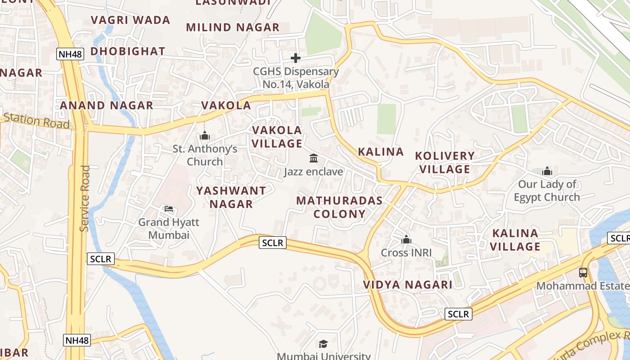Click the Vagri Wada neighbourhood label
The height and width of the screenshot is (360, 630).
(130, 20)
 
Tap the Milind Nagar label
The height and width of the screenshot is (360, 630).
(233, 27)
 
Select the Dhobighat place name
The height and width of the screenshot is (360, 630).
(128, 51)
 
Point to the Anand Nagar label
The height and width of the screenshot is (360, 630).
(107, 106)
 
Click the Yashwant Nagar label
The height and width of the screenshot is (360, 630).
(231, 198)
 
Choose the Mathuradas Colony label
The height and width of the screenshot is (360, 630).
(340, 207)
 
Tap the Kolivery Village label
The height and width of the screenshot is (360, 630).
(445, 162)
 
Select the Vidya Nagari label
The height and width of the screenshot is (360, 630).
(408, 285)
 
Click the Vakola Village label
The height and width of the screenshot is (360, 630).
(277, 137)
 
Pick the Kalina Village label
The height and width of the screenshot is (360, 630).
(515, 240)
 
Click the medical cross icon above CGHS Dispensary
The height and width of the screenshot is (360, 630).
(296, 58)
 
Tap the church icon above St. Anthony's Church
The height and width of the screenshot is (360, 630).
(205, 135)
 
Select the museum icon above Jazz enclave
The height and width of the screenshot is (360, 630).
(314, 158)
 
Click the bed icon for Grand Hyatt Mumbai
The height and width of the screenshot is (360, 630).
(169, 209)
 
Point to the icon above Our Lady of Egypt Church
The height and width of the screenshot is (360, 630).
(547, 171)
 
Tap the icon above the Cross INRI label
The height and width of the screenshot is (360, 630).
(406, 239)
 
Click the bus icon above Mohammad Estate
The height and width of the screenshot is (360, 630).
(583, 272)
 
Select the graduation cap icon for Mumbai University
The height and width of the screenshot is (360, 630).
(323, 344)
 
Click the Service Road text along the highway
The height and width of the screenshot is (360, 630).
(85, 198)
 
